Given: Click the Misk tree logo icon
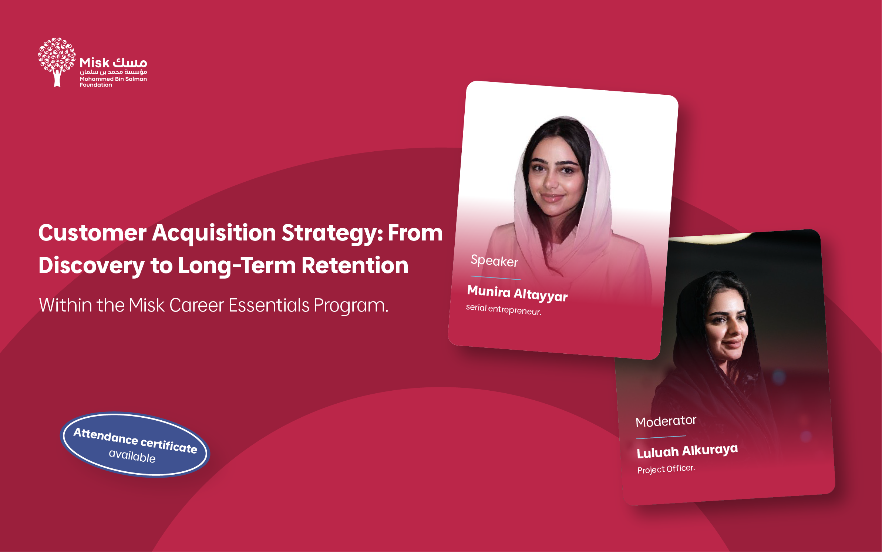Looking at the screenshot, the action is [x=57, y=62].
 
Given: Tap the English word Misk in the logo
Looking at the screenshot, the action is [x=94, y=63].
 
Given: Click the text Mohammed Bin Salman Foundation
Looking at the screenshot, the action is [x=113, y=82].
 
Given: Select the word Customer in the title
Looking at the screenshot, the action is [x=92, y=233].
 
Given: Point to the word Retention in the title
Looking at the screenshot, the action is [x=355, y=266].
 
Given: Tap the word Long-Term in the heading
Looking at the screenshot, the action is [x=237, y=266].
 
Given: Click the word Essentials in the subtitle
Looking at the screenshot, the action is [x=269, y=306].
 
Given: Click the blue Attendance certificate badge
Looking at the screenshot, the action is [x=135, y=444].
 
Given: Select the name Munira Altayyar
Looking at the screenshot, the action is [x=517, y=293].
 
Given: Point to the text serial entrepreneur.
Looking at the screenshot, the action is [x=504, y=309].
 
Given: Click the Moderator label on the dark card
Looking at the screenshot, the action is [x=666, y=421].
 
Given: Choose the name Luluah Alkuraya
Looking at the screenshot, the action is [x=687, y=451].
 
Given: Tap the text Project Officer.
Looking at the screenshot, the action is [x=666, y=469].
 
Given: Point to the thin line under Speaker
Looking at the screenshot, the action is [x=495, y=278].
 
